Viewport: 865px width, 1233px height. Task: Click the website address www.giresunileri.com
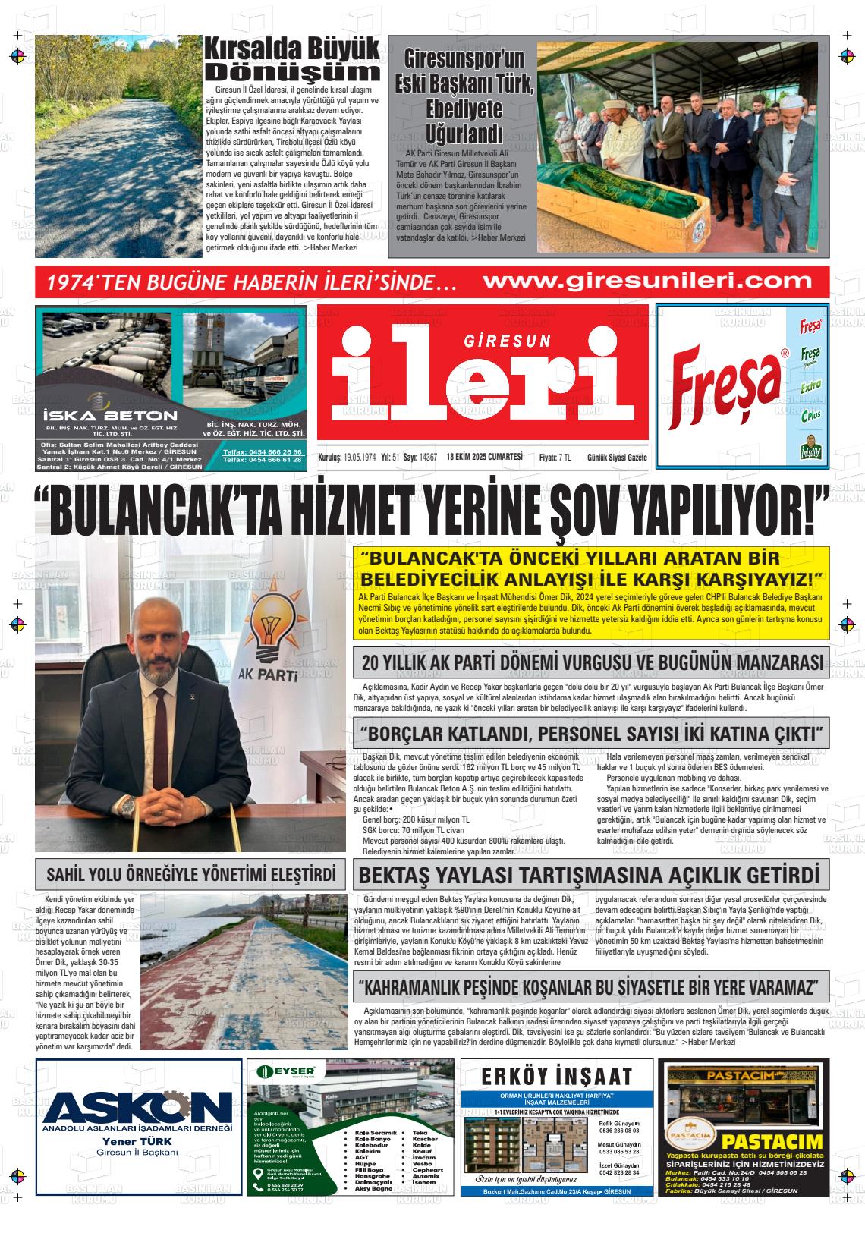click(647, 282)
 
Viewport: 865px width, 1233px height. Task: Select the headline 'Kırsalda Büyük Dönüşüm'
click(292, 60)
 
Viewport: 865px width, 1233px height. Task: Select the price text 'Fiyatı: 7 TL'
click(555, 457)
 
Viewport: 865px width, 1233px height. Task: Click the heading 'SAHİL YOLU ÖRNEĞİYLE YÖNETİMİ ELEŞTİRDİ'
click(191, 874)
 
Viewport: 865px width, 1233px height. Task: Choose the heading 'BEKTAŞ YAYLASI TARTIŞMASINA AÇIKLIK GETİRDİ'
click(589, 874)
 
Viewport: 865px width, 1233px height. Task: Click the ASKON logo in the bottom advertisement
click(138, 1108)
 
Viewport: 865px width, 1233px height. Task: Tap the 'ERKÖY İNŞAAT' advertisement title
click(557, 1076)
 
